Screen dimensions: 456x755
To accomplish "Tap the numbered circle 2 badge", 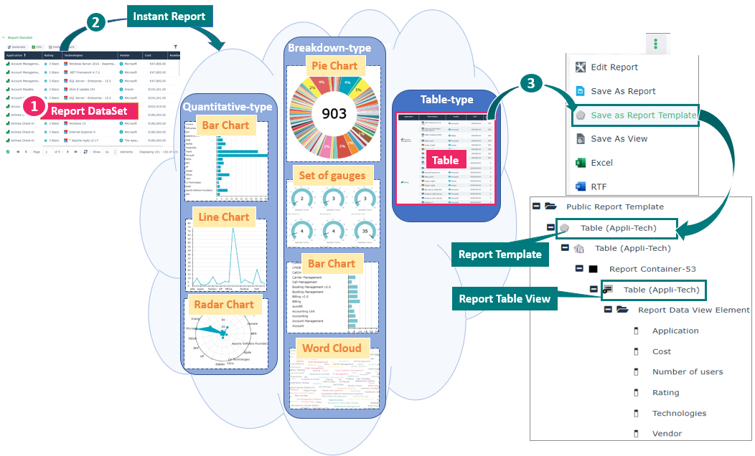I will coord(94,22).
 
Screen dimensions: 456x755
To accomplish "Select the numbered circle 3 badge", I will coord(530,84).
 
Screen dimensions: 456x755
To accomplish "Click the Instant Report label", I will coord(169,16).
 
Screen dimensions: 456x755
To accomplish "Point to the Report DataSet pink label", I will coord(89,110).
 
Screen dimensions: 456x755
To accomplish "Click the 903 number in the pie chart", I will coord(334,113).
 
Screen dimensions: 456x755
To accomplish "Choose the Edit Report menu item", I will coord(614,67).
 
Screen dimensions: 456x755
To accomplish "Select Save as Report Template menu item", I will coord(643,115).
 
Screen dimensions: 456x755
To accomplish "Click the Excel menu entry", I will coord(601,163).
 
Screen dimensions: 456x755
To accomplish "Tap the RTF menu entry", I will coord(599,186).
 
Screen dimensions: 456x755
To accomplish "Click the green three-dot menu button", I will coord(655,44).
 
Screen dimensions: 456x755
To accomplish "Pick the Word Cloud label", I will coord(331,348).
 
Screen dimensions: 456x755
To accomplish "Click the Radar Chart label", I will coord(225,304).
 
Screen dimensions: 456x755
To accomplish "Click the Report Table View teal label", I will coord(505,299).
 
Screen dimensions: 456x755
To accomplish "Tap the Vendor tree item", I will coord(667,434).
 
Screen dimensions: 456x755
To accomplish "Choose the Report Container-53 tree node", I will coord(652,269).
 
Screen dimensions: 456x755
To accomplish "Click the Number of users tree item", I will coord(687,372).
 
